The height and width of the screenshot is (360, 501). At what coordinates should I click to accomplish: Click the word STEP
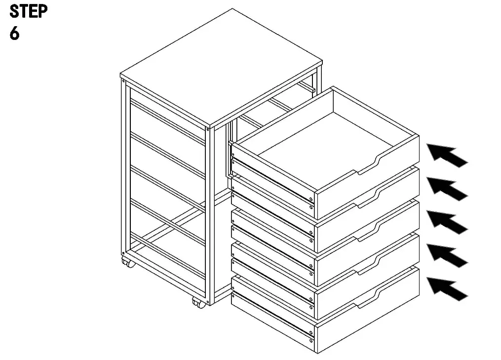[x=29, y=12]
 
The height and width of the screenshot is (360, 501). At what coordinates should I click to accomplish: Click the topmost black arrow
[x=447, y=155]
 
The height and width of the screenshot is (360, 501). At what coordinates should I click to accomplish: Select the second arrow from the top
[x=447, y=188]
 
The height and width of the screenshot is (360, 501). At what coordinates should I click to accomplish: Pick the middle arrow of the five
[x=447, y=221]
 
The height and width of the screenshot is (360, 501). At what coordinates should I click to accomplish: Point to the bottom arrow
[x=447, y=289]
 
